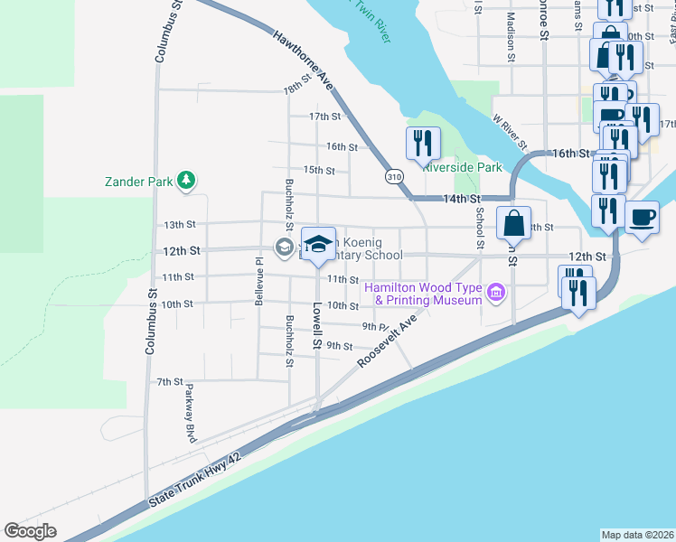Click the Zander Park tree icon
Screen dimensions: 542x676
(x=186, y=181)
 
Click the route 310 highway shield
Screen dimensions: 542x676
(x=393, y=176)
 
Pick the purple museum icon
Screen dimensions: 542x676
(x=495, y=292)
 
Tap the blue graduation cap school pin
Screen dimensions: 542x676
(x=317, y=244)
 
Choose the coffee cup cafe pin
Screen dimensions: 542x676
(x=642, y=218)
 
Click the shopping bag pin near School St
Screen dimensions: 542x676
(x=512, y=223)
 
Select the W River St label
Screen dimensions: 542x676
(x=510, y=132)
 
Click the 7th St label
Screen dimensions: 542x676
(x=170, y=382)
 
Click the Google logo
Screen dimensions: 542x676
(x=31, y=530)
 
